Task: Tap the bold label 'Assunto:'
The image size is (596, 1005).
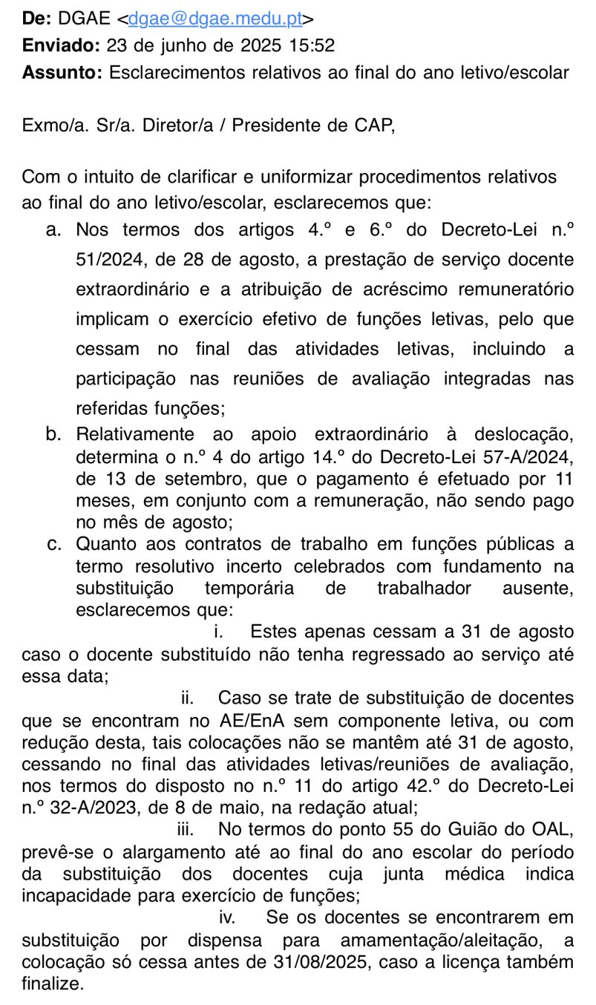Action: point(62,73)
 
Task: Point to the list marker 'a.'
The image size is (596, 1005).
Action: point(53,230)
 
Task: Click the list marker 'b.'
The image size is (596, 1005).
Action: point(53,434)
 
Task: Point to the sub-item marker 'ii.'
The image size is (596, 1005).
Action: point(188,698)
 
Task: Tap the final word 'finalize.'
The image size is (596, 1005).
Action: point(53,984)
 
